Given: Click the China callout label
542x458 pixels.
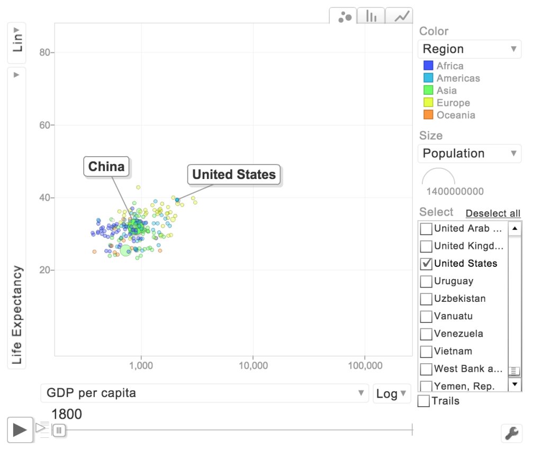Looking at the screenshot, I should click(x=106, y=167).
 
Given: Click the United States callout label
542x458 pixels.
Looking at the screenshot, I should click(x=234, y=175).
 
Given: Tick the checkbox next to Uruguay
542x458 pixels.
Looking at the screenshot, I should click(x=426, y=281).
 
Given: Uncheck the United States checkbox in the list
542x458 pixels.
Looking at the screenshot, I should click(x=426, y=264).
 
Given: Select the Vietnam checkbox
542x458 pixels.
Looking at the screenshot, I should click(x=426, y=352).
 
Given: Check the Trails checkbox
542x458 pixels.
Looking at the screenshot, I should click(x=424, y=401).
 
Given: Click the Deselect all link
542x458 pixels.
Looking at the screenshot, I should click(x=493, y=213).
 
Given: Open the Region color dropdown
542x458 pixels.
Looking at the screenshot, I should click(x=469, y=49).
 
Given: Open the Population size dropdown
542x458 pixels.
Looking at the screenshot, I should click(x=469, y=154).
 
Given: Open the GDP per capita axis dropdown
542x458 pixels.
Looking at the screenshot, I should click(x=204, y=393).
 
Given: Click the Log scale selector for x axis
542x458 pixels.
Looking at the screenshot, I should click(x=392, y=393).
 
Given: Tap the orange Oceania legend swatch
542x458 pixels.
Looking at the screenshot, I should click(x=429, y=115).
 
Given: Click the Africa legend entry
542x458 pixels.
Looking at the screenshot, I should click(x=449, y=66).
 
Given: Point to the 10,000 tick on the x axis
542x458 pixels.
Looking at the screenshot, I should click(x=253, y=365).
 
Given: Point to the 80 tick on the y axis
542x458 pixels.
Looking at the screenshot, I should click(x=48, y=52).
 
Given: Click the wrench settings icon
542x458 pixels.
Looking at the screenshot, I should click(x=511, y=433).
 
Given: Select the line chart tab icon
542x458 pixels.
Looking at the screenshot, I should click(x=400, y=16).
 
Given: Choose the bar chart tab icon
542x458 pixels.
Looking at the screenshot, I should click(x=371, y=16).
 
